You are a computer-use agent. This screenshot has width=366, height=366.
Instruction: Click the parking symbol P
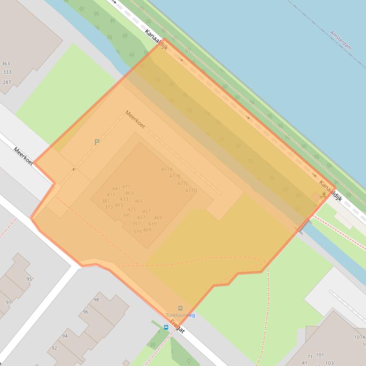pyautogui.click(x=97, y=142)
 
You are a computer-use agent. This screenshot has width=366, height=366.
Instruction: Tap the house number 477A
pyautogui.click(x=167, y=169)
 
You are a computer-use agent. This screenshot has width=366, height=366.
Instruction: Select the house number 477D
pyautogui.click(x=191, y=191)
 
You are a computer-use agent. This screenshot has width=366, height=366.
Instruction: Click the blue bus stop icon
pyautogui.click(x=166, y=327)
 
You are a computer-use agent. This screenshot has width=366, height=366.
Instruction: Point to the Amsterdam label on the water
pyautogui.click(x=340, y=40)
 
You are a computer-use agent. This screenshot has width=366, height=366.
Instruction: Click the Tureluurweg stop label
pyautogui.click(x=180, y=315)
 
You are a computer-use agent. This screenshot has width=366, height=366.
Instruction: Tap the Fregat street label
pyautogui.click(x=177, y=327)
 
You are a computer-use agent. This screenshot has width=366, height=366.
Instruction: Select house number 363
pyautogui.click(x=6, y=64)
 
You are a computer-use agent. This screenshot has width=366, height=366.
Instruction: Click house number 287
pyautogui.click(x=7, y=82)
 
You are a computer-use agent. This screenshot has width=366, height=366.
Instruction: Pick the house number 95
pyautogui.click(x=29, y=279)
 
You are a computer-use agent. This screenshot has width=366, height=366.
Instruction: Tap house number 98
pyautogui.click(x=96, y=299)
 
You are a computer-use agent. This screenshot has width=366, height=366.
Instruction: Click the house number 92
pyautogui.click(x=54, y=347)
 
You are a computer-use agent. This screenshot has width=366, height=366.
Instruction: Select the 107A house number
pyautogui.click(x=359, y=337)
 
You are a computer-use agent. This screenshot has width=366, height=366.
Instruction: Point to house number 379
pyautogui.click(x=137, y=231)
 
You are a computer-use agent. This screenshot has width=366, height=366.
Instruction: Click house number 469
pyautogui.click(x=158, y=218)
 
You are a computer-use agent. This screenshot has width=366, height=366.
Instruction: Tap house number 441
pyautogui.click(x=116, y=189)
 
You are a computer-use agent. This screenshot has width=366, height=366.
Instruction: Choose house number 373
pyautogui.click(x=108, y=207)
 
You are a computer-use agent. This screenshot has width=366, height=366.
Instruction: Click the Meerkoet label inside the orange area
pyautogui.click(x=135, y=119)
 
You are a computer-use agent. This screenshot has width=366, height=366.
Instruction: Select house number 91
pyautogui.click(x=9, y=302)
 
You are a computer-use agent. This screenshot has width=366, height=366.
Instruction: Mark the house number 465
pyautogui.click(x=139, y=201)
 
